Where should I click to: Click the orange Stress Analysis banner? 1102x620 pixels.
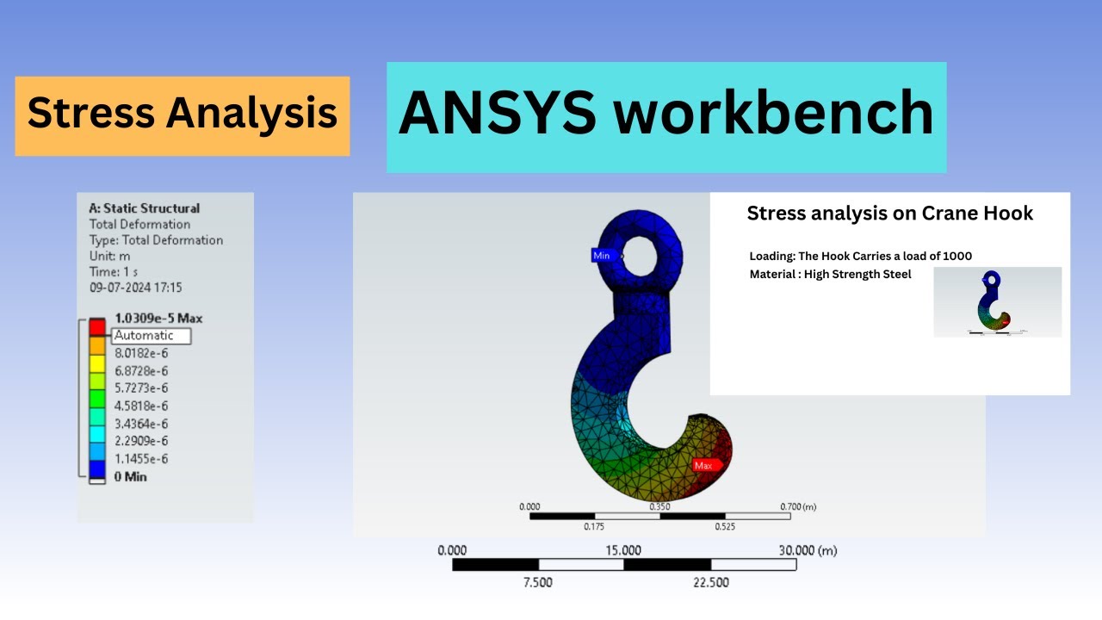tap(182, 115)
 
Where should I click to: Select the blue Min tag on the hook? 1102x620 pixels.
tap(602, 256)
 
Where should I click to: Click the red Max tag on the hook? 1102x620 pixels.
tap(703, 465)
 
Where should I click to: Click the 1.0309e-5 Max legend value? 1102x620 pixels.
tap(158, 319)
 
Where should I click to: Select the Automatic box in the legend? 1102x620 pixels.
tap(151, 336)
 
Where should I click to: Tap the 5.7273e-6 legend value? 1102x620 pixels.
tap(141, 388)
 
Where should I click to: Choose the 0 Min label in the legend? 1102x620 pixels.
tap(130, 476)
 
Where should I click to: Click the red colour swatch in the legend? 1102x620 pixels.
tap(97, 327)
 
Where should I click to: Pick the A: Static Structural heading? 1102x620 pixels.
tap(144, 208)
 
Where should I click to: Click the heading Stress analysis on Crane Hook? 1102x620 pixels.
tap(889, 214)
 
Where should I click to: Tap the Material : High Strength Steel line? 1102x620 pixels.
tap(830, 275)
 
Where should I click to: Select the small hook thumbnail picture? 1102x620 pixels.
tap(997, 301)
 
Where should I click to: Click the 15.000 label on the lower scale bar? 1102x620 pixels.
tap(623, 550)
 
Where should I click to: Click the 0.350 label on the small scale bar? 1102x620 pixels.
tap(659, 507)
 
